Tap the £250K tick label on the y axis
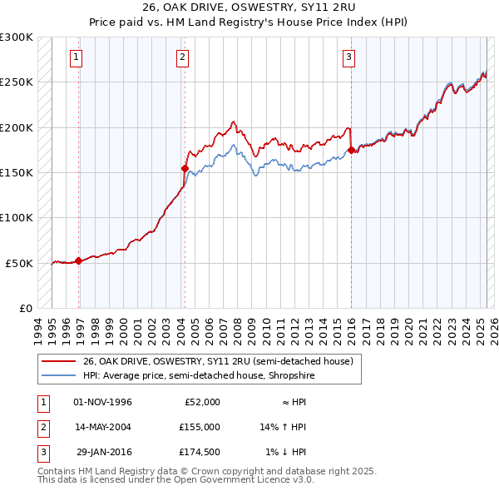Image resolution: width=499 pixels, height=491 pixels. pyautogui.click(x=17, y=82)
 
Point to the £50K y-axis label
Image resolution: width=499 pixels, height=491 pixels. pyautogui.click(x=19, y=263)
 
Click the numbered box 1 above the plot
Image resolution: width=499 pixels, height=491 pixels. pyautogui.click(x=77, y=57)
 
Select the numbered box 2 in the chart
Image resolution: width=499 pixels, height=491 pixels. pyautogui.click(x=182, y=57)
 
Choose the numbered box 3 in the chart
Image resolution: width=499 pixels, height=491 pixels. pyautogui.click(x=348, y=57)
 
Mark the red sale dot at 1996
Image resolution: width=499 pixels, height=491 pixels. pyautogui.click(x=78, y=260)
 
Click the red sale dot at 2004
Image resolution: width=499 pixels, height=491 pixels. pyautogui.click(x=184, y=168)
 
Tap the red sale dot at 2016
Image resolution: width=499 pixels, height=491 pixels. pyautogui.click(x=351, y=151)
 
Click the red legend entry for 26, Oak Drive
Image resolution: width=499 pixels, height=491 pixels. pyautogui.click(x=218, y=361)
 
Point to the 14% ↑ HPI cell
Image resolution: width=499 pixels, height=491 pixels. pyautogui.click(x=284, y=427)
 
